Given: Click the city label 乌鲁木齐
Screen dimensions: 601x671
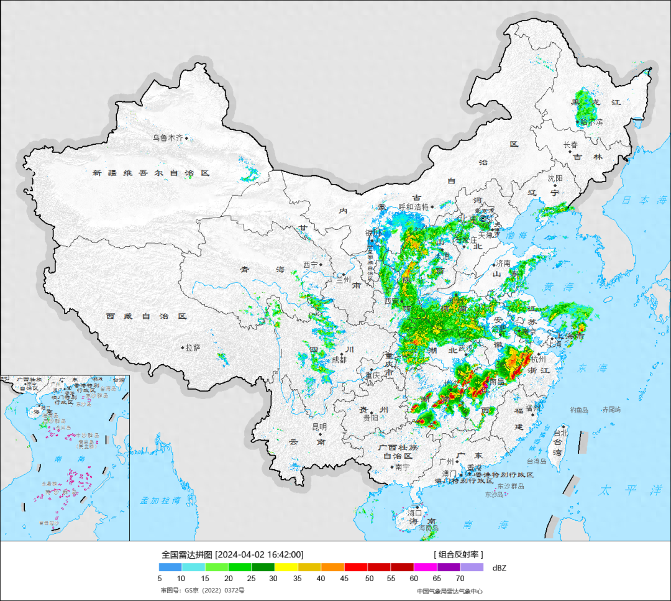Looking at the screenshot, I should (x=168, y=138).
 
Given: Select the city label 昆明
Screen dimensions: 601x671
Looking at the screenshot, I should (x=319, y=427).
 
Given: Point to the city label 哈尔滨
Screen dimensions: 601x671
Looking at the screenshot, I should (x=591, y=122).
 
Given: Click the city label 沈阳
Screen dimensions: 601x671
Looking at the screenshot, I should (x=555, y=178).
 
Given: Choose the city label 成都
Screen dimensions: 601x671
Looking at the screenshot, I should (x=339, y=359).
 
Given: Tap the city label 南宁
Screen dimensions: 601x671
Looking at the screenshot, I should (x=402, y=467).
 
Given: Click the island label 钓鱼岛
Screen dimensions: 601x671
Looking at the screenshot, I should (x=581, y=410).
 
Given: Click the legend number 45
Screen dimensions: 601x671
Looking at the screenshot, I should (x=344, y=579).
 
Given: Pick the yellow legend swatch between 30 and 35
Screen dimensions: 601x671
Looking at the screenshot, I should (x=286, y=567).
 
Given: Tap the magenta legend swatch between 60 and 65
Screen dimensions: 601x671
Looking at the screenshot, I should (x=426, y=567).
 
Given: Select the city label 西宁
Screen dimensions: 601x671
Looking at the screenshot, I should (x=310, y=265).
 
